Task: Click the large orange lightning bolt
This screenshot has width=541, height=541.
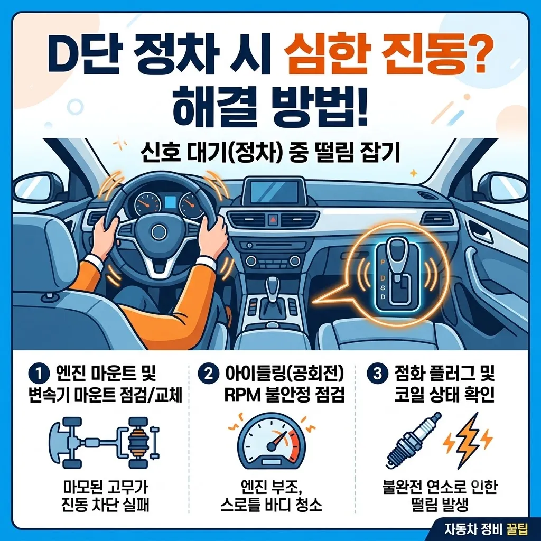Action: [468, 440]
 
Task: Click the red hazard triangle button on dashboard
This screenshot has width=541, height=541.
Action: [273, 219]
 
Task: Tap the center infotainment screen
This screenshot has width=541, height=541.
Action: [274, 192]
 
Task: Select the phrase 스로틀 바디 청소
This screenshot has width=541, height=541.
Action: [271, 505]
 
